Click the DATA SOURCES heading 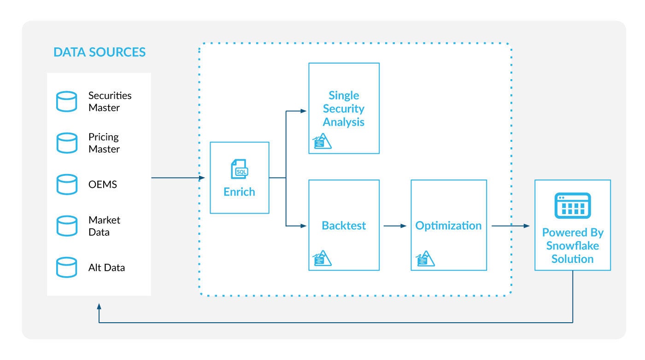(100, 52)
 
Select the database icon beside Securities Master (66, 101)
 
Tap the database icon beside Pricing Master (66, 143)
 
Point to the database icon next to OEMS (66, 184)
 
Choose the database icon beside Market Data (66, 226)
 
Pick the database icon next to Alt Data (66, 267)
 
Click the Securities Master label (110, 101)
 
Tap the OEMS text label (102, 185)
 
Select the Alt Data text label (106, 267)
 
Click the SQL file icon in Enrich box (239, 169)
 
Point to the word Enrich (239, 192)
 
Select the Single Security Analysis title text (344, 109)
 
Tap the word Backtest (344, 226)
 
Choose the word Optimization (448, 226)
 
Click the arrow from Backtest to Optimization (395, 226)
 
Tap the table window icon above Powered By (573, 205)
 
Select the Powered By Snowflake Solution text (573, 245)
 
